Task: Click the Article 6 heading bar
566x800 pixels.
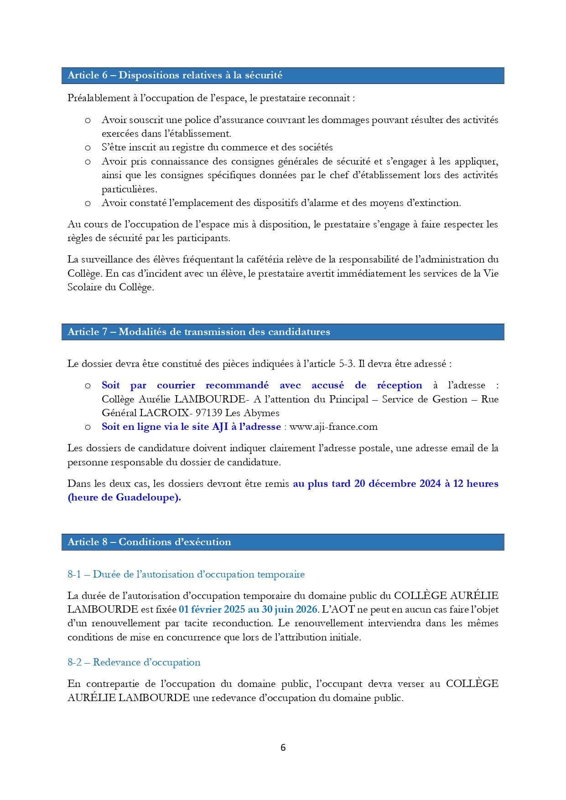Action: click(x=282, y=76)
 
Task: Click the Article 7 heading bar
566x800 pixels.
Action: click(x=282, y=332)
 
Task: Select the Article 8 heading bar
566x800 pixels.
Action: click(x=282, y=542)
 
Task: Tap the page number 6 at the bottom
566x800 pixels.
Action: click(x=283, y=747)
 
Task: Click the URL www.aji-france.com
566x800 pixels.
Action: click(x=333, y=427)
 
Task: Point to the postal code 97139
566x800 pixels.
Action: click(x=209, y=413)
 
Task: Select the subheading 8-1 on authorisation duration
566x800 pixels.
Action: click(x=186, y=574)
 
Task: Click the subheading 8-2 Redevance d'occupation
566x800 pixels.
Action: click(x=134, y=662)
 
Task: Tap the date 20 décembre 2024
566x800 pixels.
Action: click(x=397, y=484)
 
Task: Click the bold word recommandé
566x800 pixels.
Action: click(x=237, y=385)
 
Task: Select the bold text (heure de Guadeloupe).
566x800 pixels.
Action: click(x=124, y=497)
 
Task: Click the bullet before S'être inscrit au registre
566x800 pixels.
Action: click(x=88, y=148)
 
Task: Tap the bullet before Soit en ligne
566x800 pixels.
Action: click(x=88, y=427)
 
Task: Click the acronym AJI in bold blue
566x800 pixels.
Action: click(x=220, y=427)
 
